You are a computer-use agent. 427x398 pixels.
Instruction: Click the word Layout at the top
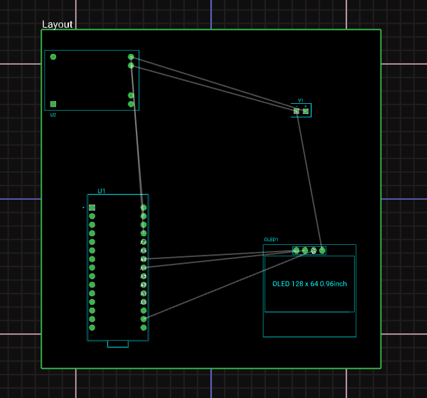57,24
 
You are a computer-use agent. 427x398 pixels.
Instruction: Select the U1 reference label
101,191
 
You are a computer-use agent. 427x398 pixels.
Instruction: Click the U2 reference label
53,115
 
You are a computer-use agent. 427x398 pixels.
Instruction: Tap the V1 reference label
301,100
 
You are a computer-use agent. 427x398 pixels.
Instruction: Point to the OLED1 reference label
271,239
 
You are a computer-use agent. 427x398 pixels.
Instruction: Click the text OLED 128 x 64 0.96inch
309,284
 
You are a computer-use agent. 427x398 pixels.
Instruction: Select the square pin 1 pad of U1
92,208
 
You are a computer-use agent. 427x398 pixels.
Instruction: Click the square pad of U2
53,104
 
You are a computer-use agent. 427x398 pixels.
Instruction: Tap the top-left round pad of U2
53,57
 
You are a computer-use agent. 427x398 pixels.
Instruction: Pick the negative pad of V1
297,111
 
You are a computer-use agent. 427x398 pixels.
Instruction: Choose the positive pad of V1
305,111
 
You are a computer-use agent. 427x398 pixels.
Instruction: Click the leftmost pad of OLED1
297,250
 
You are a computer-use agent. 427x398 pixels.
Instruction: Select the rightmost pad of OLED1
322,250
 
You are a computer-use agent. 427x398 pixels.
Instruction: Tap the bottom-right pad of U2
131,104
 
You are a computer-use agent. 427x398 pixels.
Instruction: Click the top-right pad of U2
131,57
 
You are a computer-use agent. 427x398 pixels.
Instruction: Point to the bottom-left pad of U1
92,327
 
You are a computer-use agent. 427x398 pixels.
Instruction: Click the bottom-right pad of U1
143,327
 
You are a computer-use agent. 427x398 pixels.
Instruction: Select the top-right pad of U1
143,208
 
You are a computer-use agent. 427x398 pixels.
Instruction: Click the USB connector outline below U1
118,344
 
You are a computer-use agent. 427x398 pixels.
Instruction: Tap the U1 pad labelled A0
143,302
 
